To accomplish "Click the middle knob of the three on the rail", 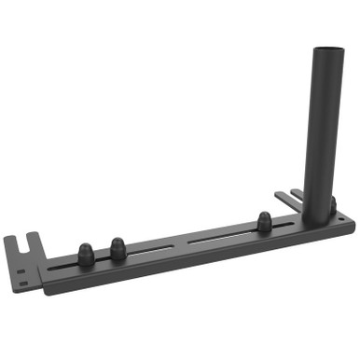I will click(x=118, y=248).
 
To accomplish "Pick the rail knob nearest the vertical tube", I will click(x=264, y=222).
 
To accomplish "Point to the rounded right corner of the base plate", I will click(x=350, y=221).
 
